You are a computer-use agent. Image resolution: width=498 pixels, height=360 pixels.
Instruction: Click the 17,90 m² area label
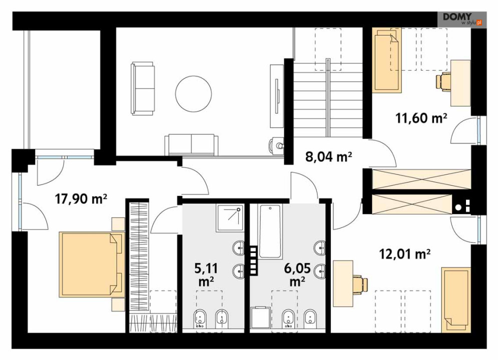[x=81, y=199]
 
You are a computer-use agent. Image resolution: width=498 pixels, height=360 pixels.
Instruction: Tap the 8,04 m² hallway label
[x=329, y=156]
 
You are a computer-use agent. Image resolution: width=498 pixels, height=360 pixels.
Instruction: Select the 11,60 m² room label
[x=421, y=118]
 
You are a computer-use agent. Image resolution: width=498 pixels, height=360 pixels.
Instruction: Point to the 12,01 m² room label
[x=405, y=253]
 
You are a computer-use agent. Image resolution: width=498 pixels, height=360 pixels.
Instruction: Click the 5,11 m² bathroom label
[x=206, y=274]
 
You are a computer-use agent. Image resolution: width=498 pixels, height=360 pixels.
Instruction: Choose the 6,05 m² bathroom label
[x=297, y=274]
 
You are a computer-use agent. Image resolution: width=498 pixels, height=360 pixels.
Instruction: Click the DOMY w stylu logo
[x=462, y=19]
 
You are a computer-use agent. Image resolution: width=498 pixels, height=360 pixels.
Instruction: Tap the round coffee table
[x=193, y=93]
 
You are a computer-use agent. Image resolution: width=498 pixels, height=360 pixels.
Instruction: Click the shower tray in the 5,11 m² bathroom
[x=230, y=218]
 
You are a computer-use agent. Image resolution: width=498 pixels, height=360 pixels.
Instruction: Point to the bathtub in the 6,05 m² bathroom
[x=270, y=231]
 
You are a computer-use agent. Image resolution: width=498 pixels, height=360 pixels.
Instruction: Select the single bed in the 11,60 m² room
[x=387, y=60]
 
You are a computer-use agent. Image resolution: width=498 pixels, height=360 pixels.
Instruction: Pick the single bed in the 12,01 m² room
[x=455, y=300]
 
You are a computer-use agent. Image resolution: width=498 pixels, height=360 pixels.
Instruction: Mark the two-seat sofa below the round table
[x=192, y=144]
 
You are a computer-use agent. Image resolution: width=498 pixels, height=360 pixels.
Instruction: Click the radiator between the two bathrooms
[x=254, y=260]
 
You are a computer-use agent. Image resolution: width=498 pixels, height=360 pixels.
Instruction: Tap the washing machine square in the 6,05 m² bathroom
[x=260, y=317]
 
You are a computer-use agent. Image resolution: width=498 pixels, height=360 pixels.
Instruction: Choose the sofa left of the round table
[x=143, y=88]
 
